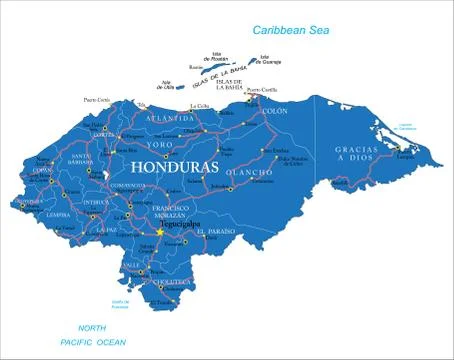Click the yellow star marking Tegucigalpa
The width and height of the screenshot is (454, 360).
coord(158,233)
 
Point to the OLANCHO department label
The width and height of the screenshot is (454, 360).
coord(248,174)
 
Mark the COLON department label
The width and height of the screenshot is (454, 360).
coord(274,112)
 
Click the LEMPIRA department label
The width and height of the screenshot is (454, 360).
coord(57,214)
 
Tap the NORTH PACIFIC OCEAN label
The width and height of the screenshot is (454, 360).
coord(92,335)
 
